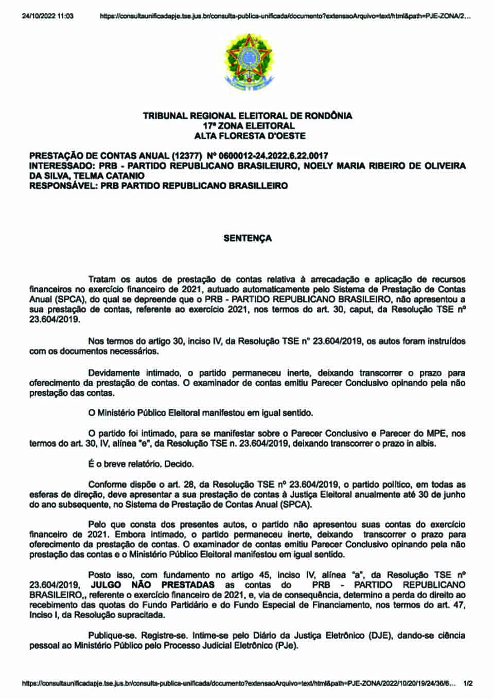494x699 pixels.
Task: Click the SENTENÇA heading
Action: point(248,238)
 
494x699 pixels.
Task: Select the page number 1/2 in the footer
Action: point(468,684)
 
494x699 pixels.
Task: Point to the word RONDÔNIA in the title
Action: point(328,116)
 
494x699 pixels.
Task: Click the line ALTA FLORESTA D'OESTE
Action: point(250,136)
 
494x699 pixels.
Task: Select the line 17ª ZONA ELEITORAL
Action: point(249,126)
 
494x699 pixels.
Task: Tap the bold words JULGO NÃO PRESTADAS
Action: point(152,585)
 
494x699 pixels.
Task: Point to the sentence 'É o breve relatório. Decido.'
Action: point(141,464)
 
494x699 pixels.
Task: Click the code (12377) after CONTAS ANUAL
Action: point(187,156)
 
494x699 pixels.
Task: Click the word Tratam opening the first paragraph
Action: point(102,279)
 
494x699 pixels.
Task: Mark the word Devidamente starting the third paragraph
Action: point(114,372)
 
